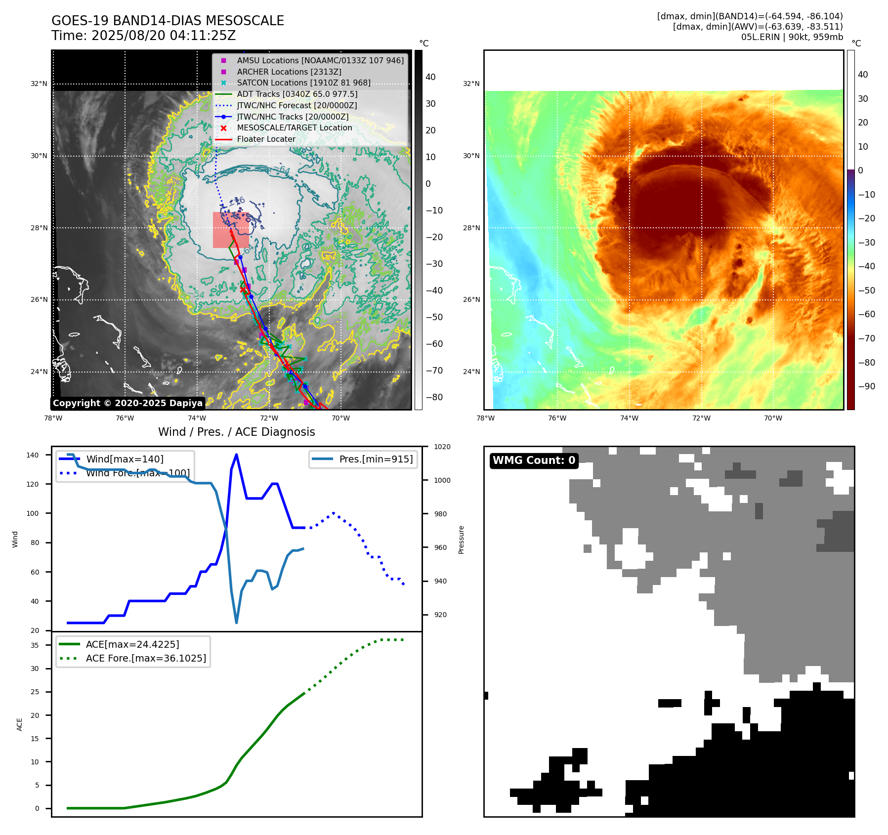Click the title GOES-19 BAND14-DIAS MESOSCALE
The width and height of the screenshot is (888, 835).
pos(168,21)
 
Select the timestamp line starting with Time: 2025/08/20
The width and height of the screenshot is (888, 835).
pos(143,36)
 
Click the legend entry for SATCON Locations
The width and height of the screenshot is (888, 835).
pos(303,83)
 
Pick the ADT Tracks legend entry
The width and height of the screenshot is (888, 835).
pos(297,94)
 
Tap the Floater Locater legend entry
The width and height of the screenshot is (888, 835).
pos(266,139)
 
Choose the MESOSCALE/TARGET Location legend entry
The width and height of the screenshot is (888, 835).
pos(295,127)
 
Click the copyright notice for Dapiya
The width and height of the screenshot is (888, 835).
pos(127,403)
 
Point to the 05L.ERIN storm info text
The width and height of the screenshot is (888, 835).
pos(792,37)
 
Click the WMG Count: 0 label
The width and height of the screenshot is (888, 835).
pos(534,460)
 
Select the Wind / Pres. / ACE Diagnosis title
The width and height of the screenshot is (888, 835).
pos(236,432)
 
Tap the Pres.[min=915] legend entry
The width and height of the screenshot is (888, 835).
pos(376,459)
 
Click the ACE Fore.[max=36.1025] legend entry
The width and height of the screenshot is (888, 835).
pos(146,658)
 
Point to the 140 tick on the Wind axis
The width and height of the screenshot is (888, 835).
pos(32,455)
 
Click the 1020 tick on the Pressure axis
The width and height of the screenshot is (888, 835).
pos(442,447)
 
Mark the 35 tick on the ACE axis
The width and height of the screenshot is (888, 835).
pos(35,645)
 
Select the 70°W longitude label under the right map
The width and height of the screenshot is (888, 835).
pos(773,418)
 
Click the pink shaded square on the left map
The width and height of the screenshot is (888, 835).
pos(231,230)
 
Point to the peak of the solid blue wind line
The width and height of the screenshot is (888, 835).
pos(236,455)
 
